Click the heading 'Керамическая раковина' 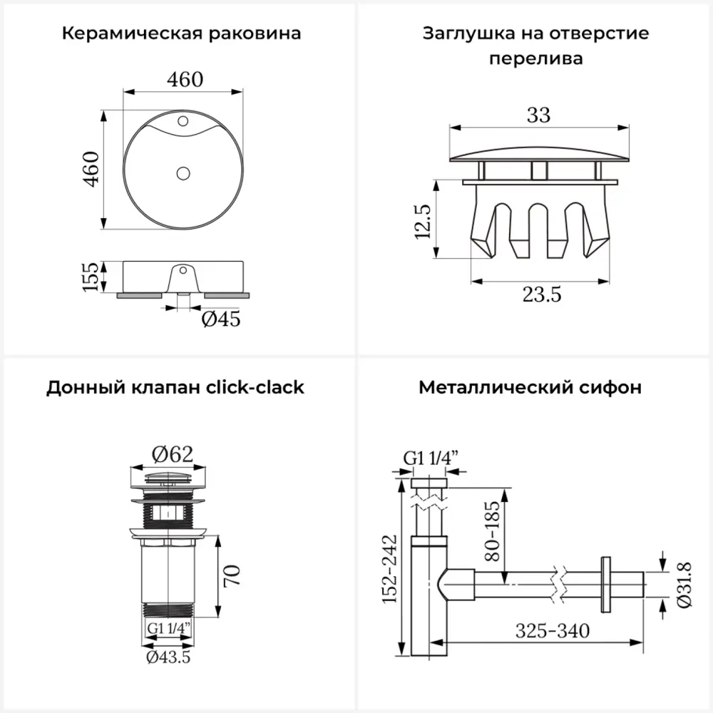[181, 34]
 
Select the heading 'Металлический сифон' [530, 387]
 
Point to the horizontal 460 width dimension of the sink [185, 79]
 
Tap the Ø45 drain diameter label [220, 319]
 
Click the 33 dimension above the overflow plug [539, 114]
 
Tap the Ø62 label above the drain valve [173, 453]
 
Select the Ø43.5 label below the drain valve [168, 657]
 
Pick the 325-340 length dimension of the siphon [553, 632]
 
